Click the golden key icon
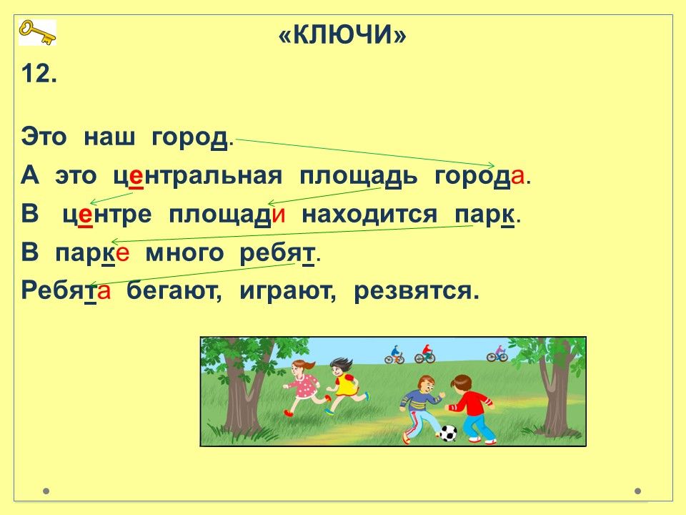37,32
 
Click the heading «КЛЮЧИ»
342,34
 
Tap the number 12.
39,73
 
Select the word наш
109,137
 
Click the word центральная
198,177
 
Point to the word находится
369,215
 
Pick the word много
184,253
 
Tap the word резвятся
416,291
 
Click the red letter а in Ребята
104,291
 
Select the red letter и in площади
279,215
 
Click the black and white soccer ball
447,433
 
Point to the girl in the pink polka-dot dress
303,387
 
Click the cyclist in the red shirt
424,354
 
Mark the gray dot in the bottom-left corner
46,491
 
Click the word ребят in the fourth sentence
277,253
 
